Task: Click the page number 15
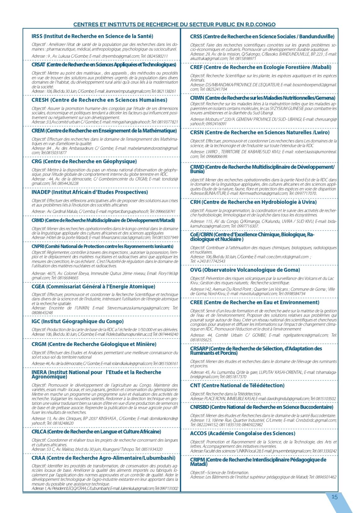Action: (x=334, y=497)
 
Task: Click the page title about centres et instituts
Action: (x=174, y=25)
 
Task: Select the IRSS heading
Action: (x=92, y=36)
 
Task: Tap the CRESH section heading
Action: (x=99, y=100)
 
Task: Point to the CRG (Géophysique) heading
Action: (x=84, y=161)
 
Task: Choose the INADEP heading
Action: (x=90, y=192)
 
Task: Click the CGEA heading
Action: (x=93, y=287)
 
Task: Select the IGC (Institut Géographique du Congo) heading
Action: (x=78, y=321)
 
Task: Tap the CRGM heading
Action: (x=94, y=344)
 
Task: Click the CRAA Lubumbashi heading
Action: (x=103, y=458)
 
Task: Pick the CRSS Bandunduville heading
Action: (x=262, y=37)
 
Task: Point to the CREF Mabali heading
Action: (x=261, y=67)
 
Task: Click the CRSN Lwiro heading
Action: (x=260, y=132)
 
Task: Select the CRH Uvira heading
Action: (x=253, y=202)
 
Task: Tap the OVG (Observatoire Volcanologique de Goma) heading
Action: (x=245, y=270)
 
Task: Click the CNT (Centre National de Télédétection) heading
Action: (x=237, y=386)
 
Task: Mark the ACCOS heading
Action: (x=243, y=433)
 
